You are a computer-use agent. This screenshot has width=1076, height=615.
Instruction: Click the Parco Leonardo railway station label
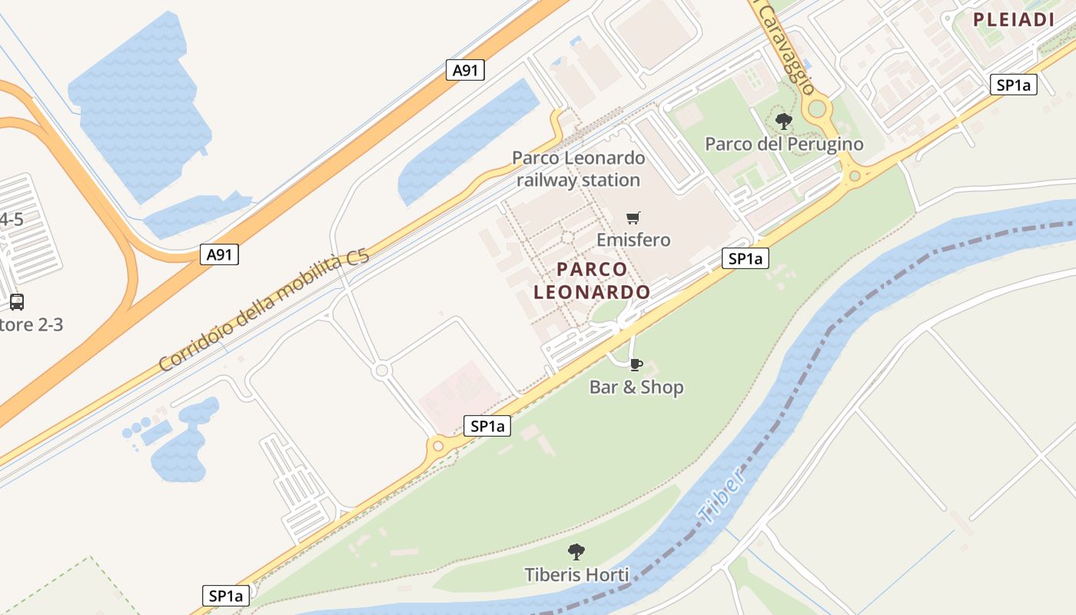pos(578,169)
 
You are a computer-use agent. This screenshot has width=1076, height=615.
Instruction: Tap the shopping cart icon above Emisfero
pos(633,218)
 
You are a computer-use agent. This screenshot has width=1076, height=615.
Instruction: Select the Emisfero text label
pos(633,240)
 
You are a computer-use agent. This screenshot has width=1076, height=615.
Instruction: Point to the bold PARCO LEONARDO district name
pos(592,281)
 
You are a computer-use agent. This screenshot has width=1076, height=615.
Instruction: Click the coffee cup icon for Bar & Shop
pos(636,364)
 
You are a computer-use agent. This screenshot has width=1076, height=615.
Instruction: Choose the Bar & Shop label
pos(636,387)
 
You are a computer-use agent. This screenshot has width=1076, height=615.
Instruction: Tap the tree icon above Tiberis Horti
pos(576,551)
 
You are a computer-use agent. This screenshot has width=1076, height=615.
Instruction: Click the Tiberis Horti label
pos(576,574)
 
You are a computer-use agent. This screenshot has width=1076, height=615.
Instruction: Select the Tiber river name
pos(722,497)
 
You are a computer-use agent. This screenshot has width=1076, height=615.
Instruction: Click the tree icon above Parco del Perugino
pos(784,121)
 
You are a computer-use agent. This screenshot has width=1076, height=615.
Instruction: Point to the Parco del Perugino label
pos(784,144)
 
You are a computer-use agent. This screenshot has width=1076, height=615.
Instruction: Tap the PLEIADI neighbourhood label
pos(1013,20)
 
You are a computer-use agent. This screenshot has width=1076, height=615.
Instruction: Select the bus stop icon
pos(17,302)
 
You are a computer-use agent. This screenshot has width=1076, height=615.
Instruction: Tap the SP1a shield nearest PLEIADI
pos(1013,85)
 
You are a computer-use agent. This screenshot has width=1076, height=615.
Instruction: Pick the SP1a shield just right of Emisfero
pos(745,259)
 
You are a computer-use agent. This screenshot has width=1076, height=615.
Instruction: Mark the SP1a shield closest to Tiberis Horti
pos(226,595)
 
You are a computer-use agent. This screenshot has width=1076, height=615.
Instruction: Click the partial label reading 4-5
pos(11,220)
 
